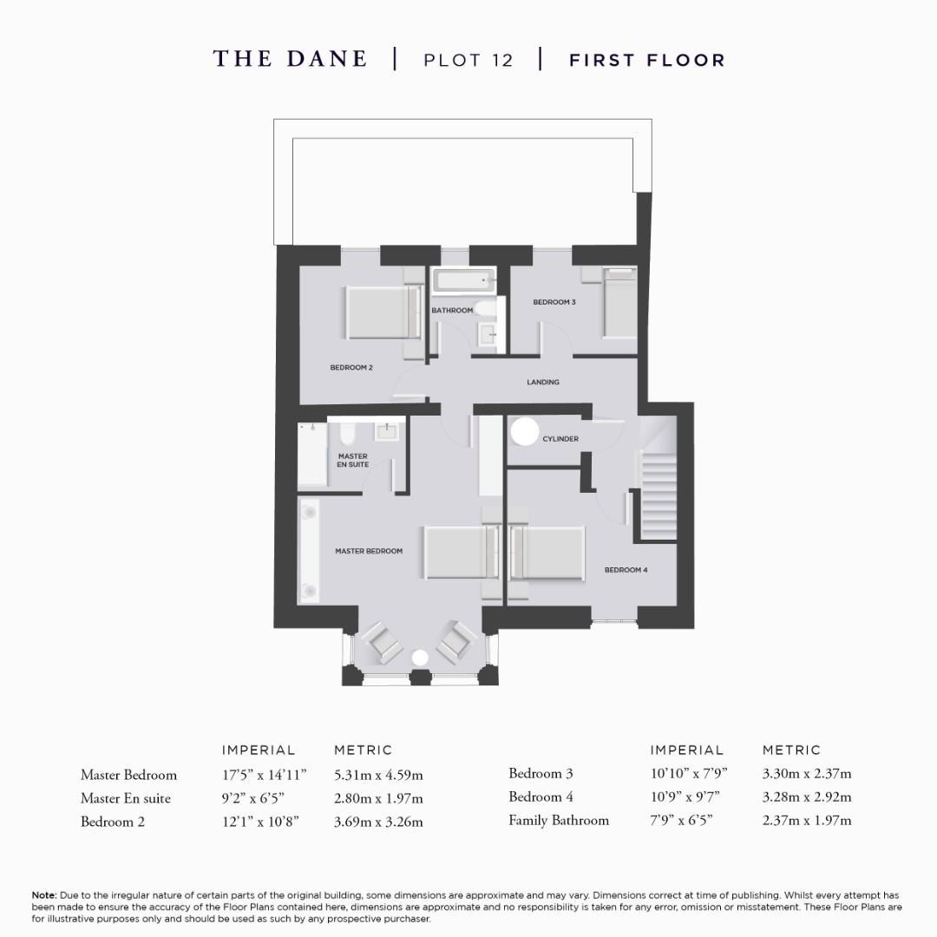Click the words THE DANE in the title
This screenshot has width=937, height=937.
290,59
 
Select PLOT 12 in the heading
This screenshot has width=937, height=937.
468,60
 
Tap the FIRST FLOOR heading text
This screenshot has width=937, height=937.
646,60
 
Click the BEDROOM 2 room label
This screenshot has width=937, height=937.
351,367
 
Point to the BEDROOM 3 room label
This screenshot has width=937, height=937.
554,302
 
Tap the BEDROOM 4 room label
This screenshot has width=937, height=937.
626,570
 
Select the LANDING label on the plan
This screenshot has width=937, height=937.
543,382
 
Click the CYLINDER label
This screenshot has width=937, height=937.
560,439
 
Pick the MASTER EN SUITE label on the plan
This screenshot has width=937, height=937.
353,460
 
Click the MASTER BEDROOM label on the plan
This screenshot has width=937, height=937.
369,551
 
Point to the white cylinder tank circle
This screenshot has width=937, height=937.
524,431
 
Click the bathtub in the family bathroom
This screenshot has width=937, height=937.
464,281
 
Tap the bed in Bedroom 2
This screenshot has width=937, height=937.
378,312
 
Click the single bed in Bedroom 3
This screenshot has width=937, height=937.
619,304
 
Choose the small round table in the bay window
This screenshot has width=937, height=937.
421,659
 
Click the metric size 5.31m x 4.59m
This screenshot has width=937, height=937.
378,775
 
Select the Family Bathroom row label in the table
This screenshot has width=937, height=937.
559,820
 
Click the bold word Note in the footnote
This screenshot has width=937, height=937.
43,894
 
